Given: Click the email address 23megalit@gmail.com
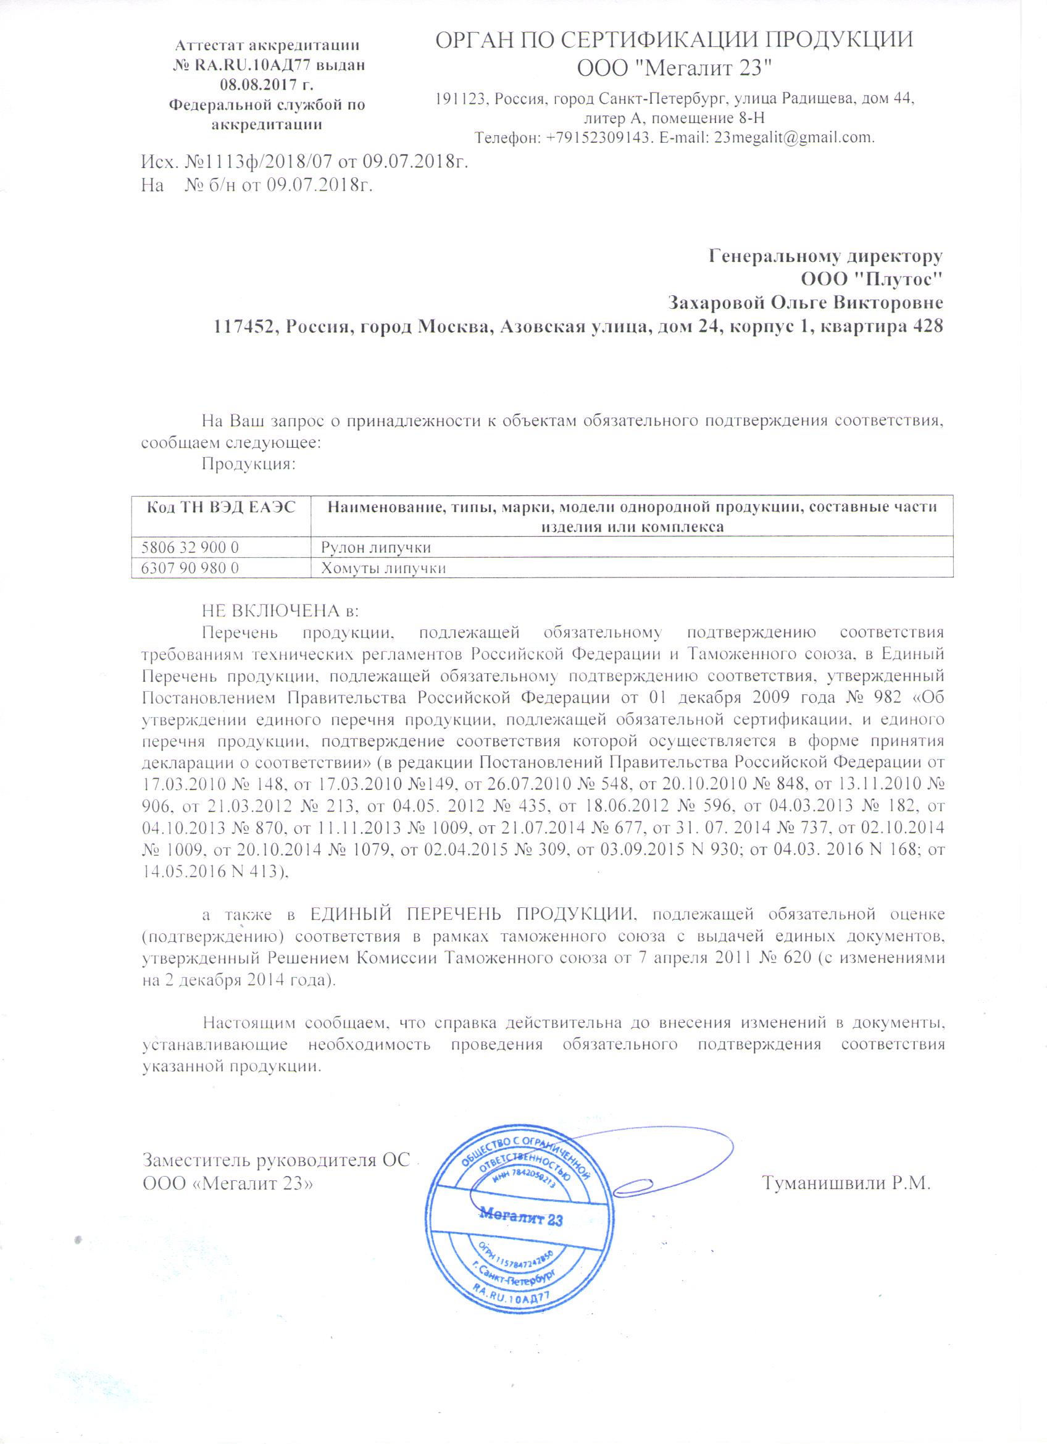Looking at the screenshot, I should (x=795, y=138).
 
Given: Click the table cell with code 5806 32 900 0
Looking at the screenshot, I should (x=190, y=547).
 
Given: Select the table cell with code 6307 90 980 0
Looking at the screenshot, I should (x=190, y=568).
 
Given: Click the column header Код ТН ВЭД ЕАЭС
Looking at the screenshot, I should (x=221, y=508).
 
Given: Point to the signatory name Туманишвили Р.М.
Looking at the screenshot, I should (x=846, y=1183).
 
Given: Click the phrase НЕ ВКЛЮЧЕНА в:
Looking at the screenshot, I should (x=281, y=611).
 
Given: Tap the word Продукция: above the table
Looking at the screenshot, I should (x=249, y=463).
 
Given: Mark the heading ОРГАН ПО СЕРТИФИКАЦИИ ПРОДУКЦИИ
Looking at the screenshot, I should (x=674, y=40).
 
